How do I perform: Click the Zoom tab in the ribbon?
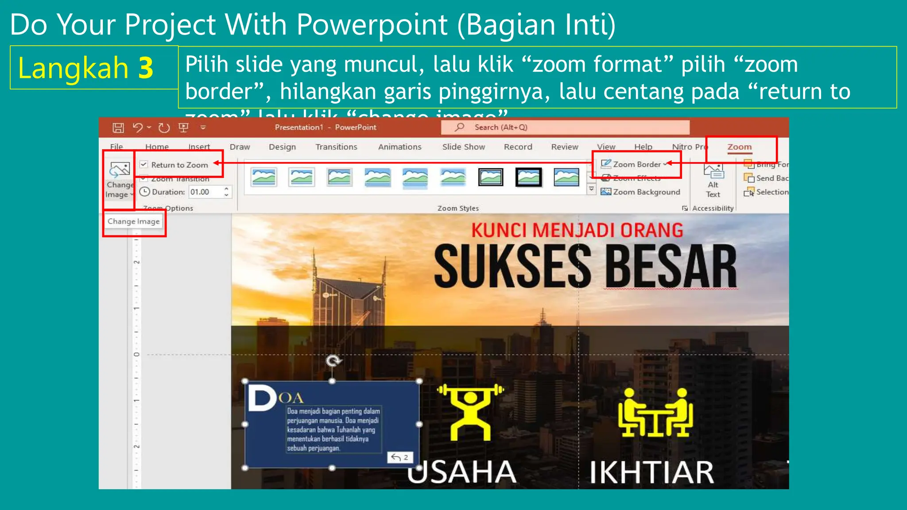coord(739,147)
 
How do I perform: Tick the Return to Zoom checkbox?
coord(144,165)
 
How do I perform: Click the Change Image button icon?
coord(120,170)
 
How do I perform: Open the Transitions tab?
coord(336,147)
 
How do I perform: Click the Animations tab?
coord(399,147)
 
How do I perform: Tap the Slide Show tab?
coord(463,147)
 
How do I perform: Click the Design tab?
coord(282,147)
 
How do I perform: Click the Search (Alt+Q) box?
coord(565,127)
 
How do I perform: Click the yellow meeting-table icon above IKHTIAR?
coord(655,413)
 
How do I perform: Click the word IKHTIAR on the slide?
coord(651,472)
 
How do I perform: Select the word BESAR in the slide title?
coord(671,267)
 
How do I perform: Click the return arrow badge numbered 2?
coord(400,457)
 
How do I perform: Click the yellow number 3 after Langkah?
coord(146,68)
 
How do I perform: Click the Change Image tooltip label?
coord(134,221)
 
